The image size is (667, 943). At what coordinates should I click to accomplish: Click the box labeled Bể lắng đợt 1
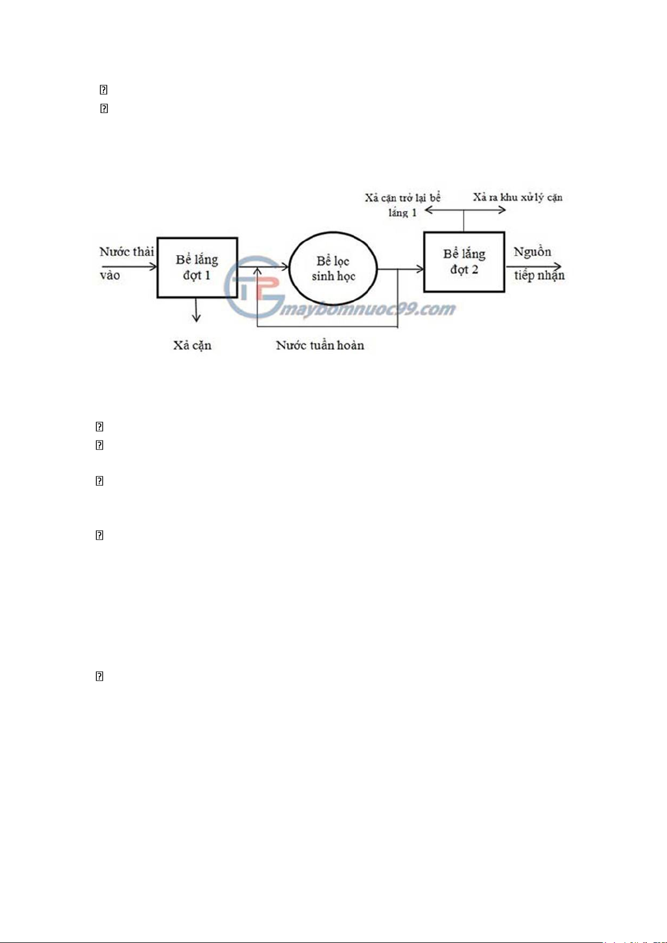pyautogui.click(x=197, y=268)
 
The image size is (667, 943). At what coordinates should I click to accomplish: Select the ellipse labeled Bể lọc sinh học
pyautogui.click(x=333, y=269)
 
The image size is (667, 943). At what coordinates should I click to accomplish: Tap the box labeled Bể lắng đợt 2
pyautogui.click(x=464, y=262)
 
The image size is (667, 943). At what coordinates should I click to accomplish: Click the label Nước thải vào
pyautogui.click(x=126, y=262)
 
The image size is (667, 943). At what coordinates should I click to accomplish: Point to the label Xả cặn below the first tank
pyautogui.click(x=192, y=345)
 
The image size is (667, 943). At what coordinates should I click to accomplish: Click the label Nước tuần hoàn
pyautogui.click(x=320, y=345)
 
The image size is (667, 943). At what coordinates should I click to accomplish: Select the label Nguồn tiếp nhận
pyautogui.click(x=538, y=263)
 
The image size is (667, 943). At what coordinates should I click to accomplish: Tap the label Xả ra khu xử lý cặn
pyautogui.click(x=518, y=197)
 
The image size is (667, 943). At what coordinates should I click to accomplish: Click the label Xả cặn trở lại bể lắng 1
pyautogui.click(x=403, y=205)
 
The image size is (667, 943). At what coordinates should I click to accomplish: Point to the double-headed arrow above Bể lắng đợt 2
pyautogui.click(x=464, y=210)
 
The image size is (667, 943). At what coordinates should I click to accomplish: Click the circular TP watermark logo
pyautogui.click(x=255, y=287)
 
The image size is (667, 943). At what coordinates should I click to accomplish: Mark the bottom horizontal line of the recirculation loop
pyautogui.click(x=327, y=327)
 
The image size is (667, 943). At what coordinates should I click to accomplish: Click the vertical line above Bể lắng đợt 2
pyautogui.click(x=464, y=221)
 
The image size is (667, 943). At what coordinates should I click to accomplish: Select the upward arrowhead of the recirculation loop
pyautogui.click(x=257, y=273)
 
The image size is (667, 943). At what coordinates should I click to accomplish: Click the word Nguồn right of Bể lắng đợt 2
pyautogui.click(x=532, y=252)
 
